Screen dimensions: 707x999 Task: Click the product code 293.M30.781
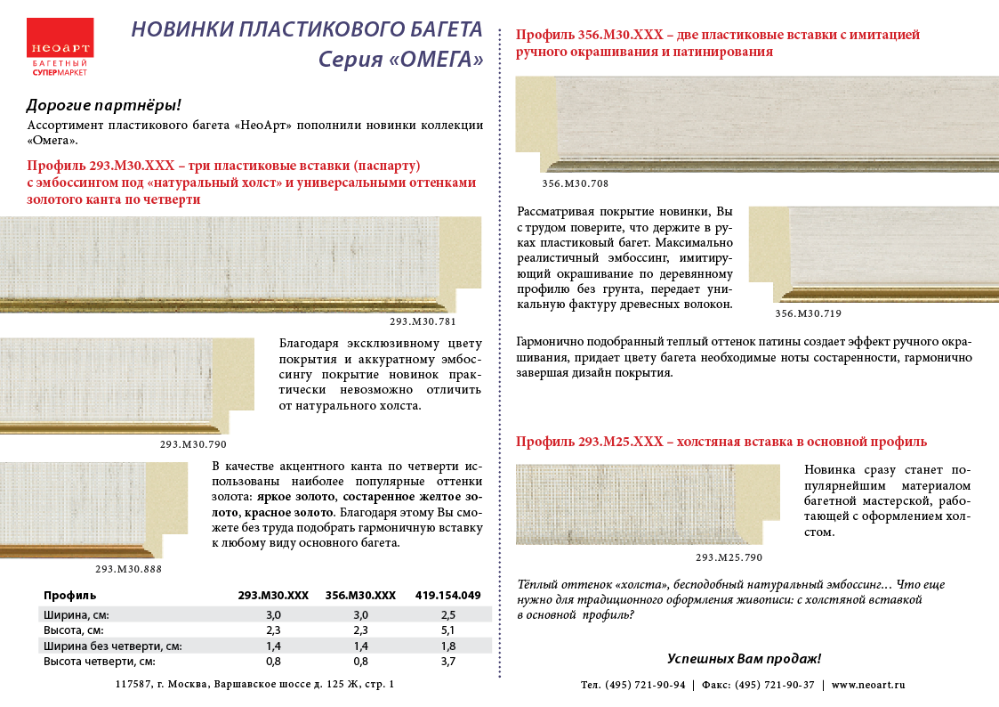point(423,321)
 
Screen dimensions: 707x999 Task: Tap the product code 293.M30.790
point(193,443)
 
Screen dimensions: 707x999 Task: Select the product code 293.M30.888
point(128,568)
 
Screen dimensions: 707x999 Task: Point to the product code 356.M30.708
point(575,183)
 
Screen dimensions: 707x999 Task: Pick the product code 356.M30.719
point(808,313)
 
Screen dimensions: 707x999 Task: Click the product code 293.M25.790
point(729,557)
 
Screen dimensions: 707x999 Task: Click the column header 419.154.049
point(447,595)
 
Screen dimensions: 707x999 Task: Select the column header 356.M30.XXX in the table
point(360,595)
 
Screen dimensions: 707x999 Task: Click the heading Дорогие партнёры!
point(104,105)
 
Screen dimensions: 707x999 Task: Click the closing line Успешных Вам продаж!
point(744,659)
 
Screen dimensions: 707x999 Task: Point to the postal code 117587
point(133,684)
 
